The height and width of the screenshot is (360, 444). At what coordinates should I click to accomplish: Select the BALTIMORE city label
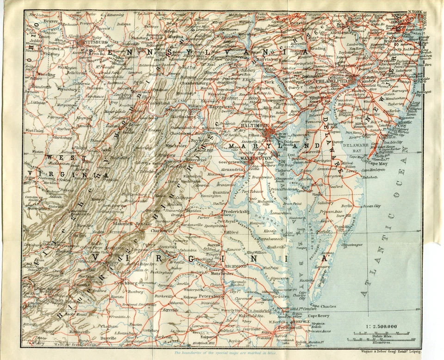click(255, 126)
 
